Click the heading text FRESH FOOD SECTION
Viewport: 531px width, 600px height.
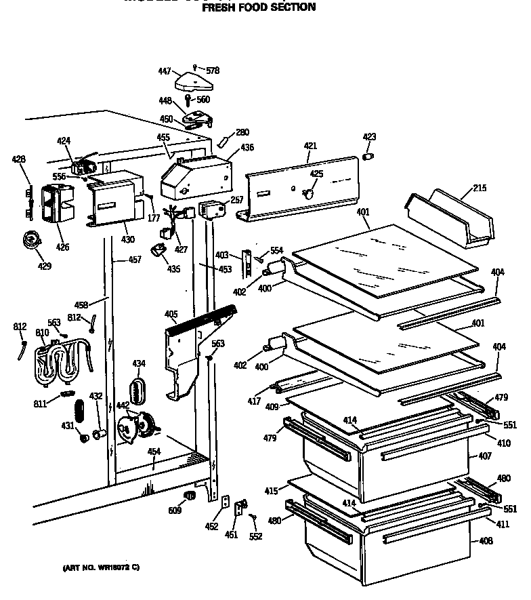pyautogui.click(x=259, y=7)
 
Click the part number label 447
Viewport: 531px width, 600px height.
pyautogui.click(x=164, y=71)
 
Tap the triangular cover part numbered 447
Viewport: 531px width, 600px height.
pyautogui.click(x=194, y=83)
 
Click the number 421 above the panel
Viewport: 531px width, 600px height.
pyautogui.click(x=310, y=146)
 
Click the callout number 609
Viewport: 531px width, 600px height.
pyautogui.click(x=175, y=510)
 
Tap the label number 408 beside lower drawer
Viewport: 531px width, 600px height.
pyautogui.click(x=485, y=541)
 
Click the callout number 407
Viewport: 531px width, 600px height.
pyautogui.click(x=485, y=456)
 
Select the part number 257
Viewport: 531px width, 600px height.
pyautogui.click(x=236, y=200)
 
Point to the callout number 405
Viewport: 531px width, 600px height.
pyautogui.click(x=171, y=314)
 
